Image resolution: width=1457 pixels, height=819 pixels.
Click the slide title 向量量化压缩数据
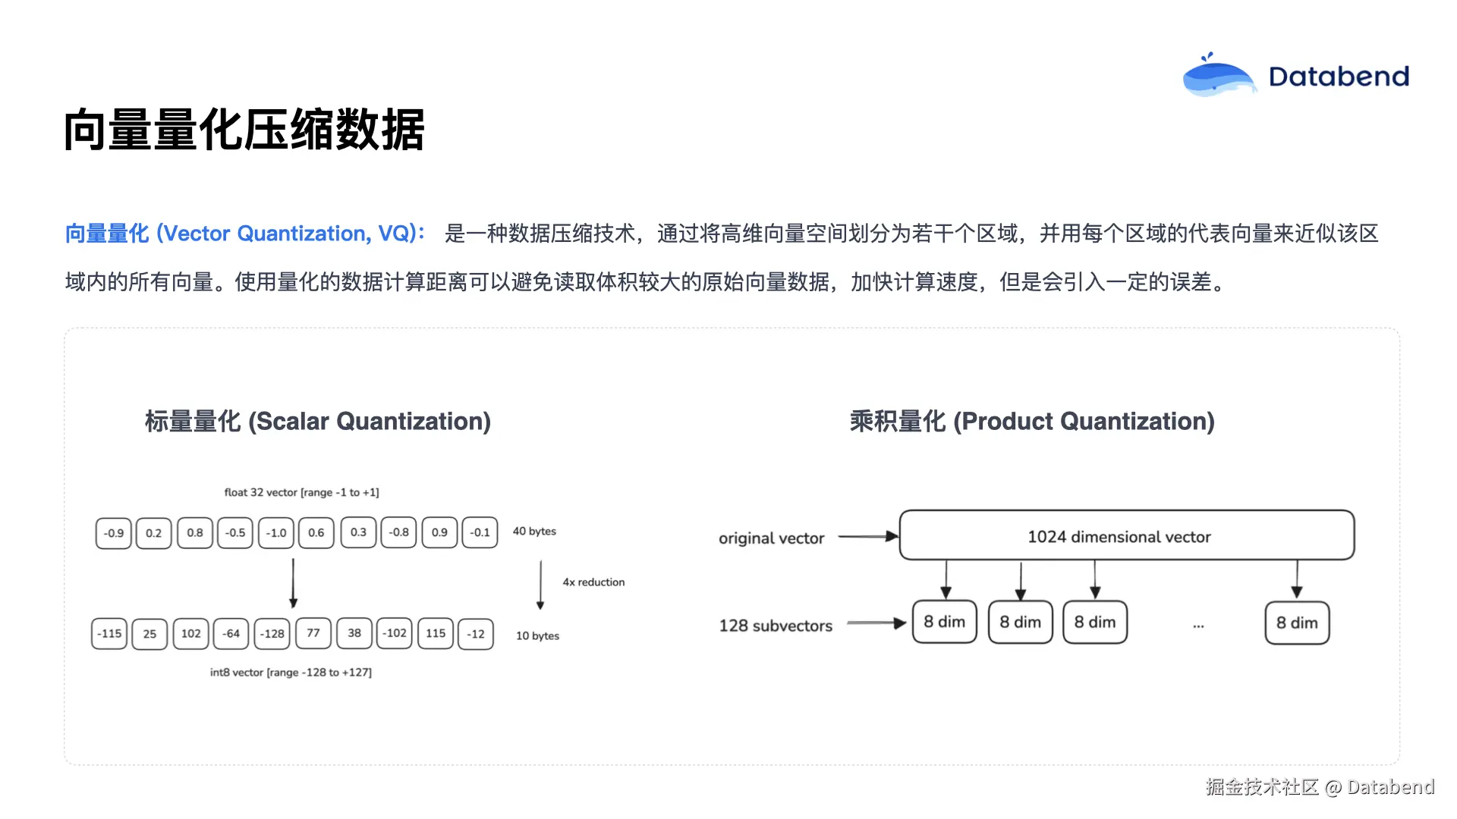[x=244, y=130]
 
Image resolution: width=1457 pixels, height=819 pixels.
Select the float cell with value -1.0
[x=276, y=533]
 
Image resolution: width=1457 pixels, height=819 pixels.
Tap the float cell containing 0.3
[x=358, y=532]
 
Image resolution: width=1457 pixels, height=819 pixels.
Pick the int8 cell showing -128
[x=272, y=634]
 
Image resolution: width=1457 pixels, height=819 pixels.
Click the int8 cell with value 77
[x=313, y=633]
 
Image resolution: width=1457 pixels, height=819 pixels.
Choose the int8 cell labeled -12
[x=476, y=634]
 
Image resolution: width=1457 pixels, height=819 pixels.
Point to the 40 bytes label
[x=534, y=531]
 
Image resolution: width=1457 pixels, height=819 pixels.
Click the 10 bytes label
[x=537, y=635]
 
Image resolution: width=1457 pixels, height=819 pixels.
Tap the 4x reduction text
[x=593, y=582]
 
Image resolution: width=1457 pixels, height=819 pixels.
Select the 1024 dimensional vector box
[x=1126, y=536]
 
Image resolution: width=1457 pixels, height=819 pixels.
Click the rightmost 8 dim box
[x=1297, y=623]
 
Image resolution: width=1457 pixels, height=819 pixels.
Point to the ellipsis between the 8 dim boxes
[x=1198, y=626]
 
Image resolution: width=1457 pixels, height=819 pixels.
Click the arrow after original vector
[x=868, y=537]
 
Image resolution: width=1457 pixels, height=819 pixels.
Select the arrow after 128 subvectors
[x=876, y=623]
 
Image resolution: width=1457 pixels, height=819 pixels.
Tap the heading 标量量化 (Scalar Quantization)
[x=318, y=421]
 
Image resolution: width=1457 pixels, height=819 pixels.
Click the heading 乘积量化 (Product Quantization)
[x=1032, y=421]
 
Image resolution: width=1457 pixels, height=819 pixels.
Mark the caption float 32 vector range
[x=301, y=492]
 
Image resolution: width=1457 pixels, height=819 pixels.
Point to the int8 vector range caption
[x=291, y=672]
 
